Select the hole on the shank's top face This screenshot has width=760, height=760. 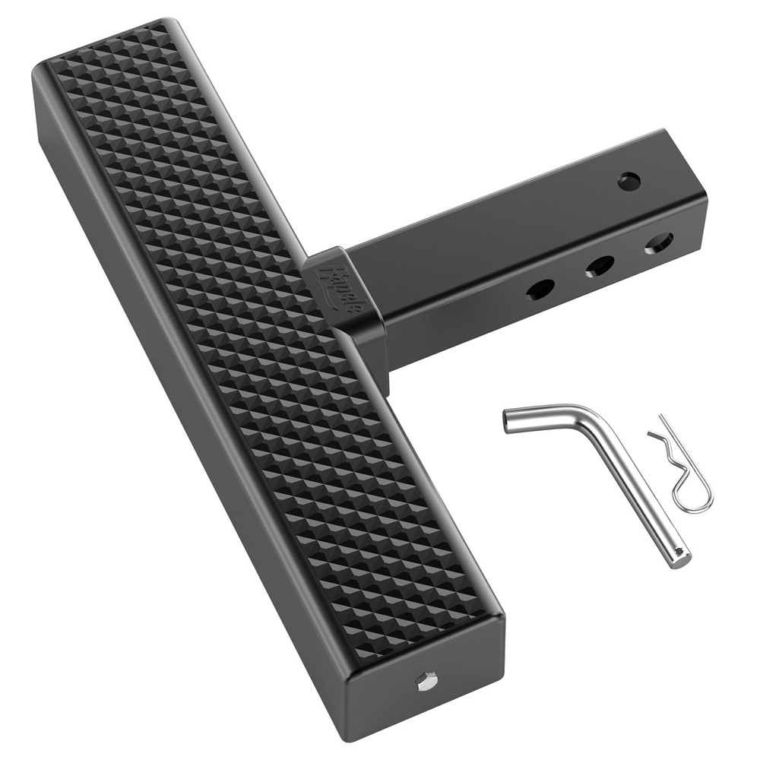click(629, 182)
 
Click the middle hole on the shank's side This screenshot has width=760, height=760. click(600, 265)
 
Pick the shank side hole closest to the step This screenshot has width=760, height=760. click(540, 289)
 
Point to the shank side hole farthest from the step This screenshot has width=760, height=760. click(658, 243)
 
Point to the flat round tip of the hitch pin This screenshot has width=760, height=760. click(682, 559)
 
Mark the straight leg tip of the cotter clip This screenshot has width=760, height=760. click(661, 416)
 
